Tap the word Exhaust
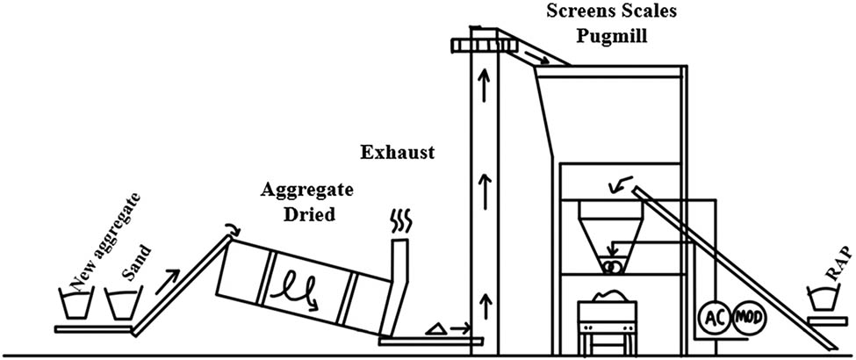pyautogui.click(x=398, y=153)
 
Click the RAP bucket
pyautogui.click(x=824, y=299)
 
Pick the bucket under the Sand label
pyautogui.click(x=119, y=304)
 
